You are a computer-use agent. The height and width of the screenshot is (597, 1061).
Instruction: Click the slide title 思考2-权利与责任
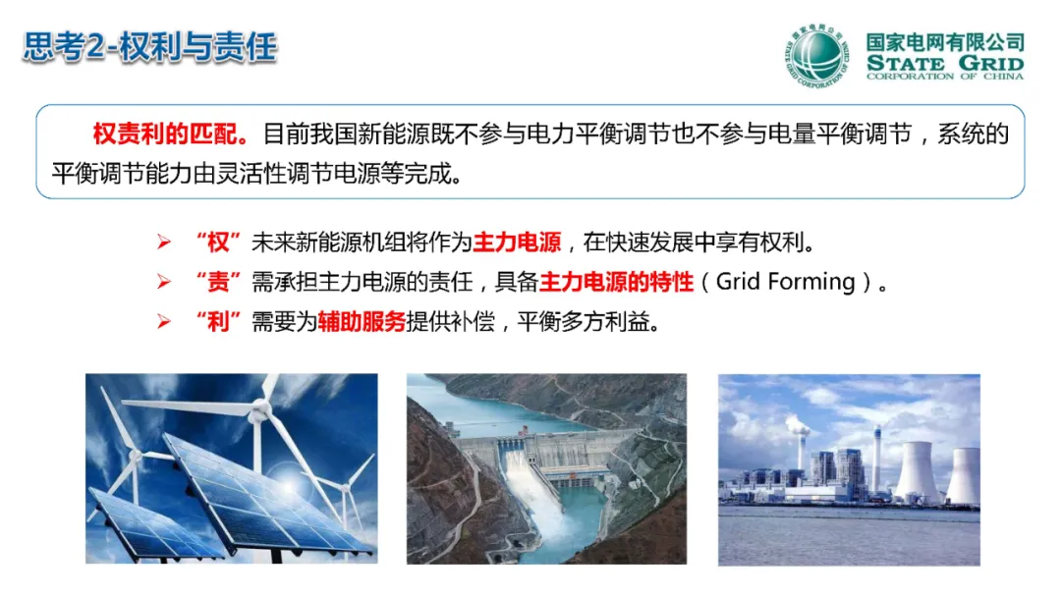(149, 47)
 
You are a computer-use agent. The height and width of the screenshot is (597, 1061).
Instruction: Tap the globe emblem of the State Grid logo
(817, 55)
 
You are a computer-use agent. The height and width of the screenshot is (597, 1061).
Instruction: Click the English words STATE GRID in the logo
(945, 64)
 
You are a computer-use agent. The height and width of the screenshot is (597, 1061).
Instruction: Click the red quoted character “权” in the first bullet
(218, 243)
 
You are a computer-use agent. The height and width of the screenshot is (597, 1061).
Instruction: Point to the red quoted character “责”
(218, 281)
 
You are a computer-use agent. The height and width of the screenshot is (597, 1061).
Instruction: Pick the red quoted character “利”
(218, 321)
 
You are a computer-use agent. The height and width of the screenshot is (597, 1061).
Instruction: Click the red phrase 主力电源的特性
(616, 281)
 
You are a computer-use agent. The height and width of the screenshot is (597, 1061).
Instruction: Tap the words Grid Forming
(786, 281)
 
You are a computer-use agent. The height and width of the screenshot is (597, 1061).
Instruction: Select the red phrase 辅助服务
(362, 321)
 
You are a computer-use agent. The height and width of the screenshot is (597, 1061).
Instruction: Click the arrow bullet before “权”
(164, 243)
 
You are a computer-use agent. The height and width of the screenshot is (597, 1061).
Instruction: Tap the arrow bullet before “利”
(164, 321)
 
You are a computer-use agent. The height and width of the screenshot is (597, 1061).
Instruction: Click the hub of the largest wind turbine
(259, 407)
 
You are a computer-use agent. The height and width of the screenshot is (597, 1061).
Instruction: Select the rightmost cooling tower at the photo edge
(965, 475)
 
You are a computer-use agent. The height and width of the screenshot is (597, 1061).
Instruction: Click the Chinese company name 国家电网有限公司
(945, 42)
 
